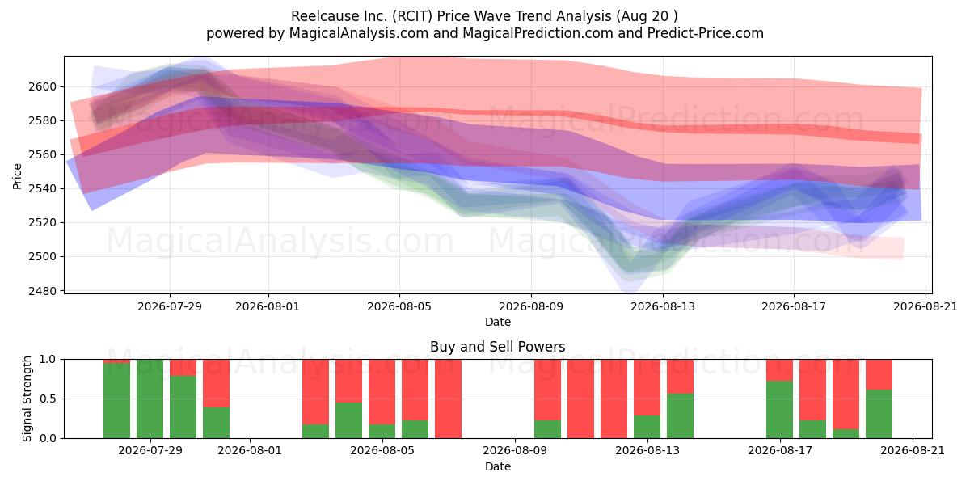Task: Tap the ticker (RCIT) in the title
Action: click(x=412, y=16)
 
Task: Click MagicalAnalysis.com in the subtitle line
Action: click(x=359, y=33)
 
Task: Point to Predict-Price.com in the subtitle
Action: click(x=706, y=33)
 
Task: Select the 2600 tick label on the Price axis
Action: click(x=42, y=86)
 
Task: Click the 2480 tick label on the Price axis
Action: click(x=42, y=291)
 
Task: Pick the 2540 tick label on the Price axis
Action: click(x=42, y=189)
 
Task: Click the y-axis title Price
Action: click(x=17, y=176)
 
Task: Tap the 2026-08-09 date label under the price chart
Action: click(x=531, y=306)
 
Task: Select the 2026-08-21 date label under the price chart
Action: click(x=926, y=306)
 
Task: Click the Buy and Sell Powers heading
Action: click(x=498, y=347)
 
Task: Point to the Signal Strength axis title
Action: click(x=27, y=399)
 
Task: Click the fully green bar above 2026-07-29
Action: click(x=150, y=399)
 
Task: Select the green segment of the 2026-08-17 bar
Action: click(x=779, y=410)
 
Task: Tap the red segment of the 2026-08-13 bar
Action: click(x=647, y=387)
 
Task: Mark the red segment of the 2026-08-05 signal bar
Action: click(x=382, y=392)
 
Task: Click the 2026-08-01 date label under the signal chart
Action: click(x=250, y=451)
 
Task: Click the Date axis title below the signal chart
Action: click(x=498, y=467)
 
